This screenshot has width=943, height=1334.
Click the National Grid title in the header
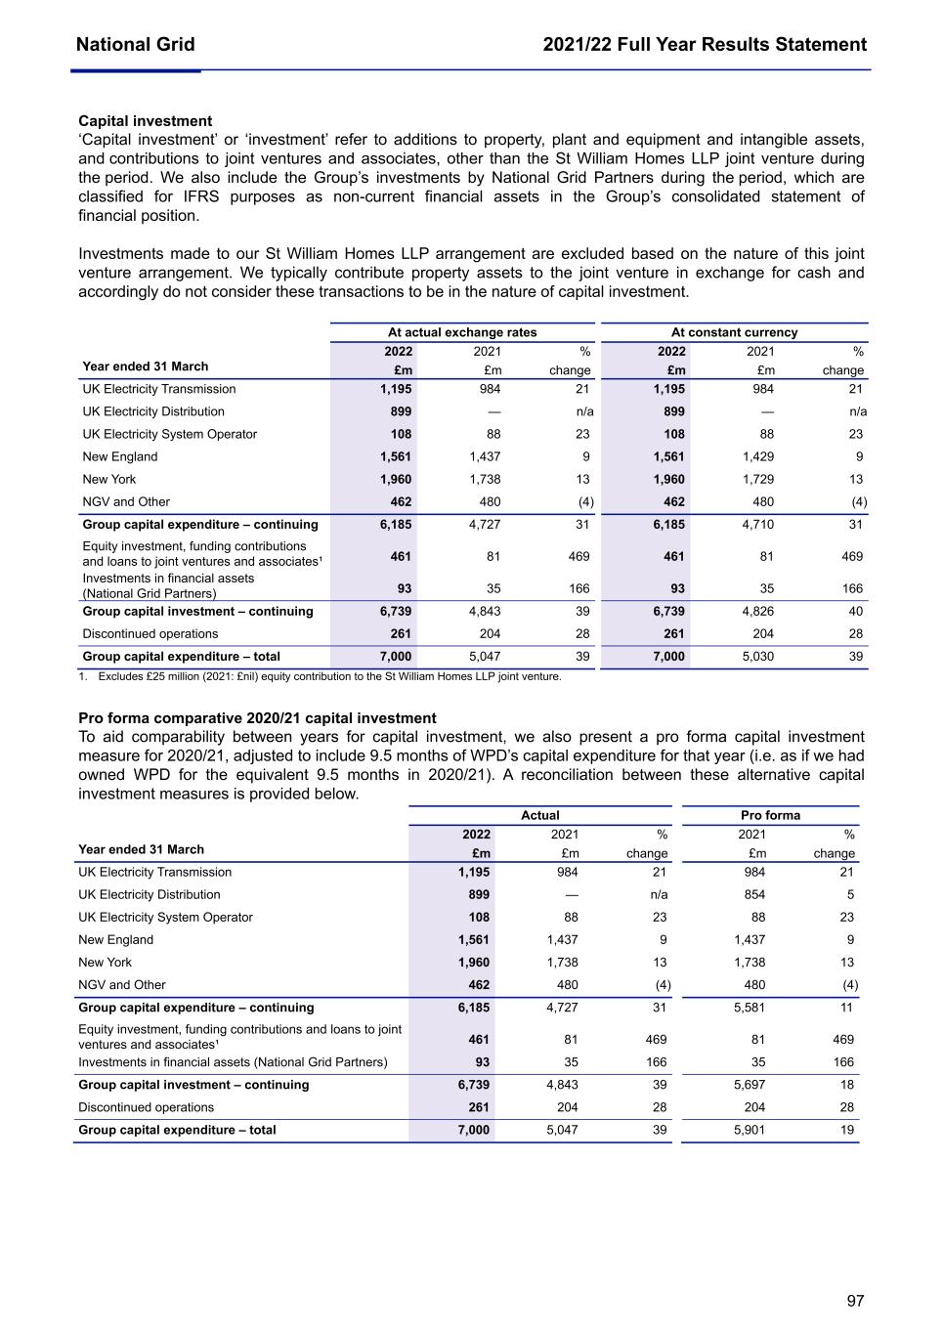point(135,45)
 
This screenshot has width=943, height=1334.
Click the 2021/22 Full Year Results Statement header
point(705,45)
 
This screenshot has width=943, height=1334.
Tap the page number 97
point(855,1301)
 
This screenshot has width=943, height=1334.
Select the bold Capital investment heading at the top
point(145,121)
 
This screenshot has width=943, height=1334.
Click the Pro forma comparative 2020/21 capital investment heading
point(257,718)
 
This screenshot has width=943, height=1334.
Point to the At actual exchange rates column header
point(462,332)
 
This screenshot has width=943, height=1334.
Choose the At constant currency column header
point(734,332)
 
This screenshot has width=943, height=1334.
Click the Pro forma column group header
point(770,815)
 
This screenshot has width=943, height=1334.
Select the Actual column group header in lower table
point(539,815)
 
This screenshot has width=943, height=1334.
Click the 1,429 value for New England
point(758,456)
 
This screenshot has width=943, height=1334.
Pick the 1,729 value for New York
point(758,479)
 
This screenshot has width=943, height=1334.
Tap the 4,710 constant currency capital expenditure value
point(758,524)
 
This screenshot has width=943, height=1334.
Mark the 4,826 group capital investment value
point(758,611)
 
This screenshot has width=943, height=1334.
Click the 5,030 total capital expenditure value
point(758,656)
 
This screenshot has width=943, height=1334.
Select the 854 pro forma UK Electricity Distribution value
point(752,894)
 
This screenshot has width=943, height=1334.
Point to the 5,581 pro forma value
point(750,1008)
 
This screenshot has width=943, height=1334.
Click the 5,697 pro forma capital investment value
point(750,1085)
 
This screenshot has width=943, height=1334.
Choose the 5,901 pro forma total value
point(750,1130)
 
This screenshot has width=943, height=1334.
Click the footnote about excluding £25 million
point(322,676)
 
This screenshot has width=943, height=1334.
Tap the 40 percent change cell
point(856,611)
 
